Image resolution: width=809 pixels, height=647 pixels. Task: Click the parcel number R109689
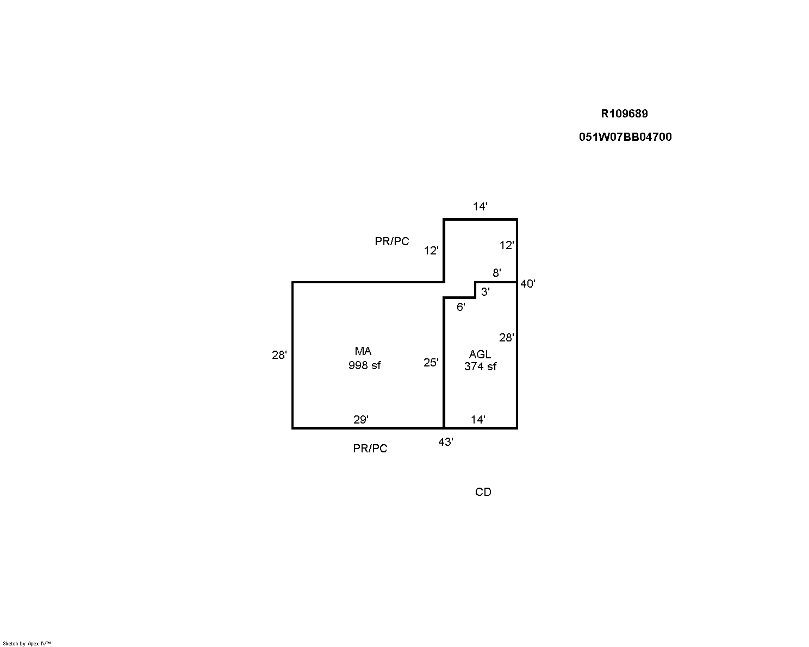[624, 114]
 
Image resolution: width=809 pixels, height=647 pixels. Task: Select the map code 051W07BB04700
[625, 137]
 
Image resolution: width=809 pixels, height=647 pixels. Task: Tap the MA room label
[363, 351]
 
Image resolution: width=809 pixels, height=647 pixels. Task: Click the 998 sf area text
[364, 365]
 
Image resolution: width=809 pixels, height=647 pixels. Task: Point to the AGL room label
[480, 354]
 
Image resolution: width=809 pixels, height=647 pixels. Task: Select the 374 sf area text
[480, 366]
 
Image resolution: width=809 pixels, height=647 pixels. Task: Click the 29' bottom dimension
[360, 420]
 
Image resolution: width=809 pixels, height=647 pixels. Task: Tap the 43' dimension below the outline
[445, 442]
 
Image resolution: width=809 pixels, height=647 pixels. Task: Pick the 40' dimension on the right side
[527, 284]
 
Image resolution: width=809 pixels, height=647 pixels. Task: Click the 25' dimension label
[431, 363]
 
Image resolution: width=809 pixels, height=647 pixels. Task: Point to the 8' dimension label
[496, 273]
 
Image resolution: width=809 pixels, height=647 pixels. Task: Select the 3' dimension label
[486, 292]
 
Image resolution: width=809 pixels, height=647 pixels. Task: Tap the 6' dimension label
[460, 307]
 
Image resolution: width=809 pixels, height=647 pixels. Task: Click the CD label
[483, 492]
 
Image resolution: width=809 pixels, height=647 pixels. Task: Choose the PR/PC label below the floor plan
[370, 449]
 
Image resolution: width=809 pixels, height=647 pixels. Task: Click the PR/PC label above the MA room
[391, 241]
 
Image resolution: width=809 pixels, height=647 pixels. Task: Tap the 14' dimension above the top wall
[480, 207]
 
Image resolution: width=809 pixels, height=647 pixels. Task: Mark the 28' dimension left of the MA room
[279, 355]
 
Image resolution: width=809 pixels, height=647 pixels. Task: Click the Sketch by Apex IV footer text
[27, 644]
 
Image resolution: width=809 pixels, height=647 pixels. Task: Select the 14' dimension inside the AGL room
[478, 420]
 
